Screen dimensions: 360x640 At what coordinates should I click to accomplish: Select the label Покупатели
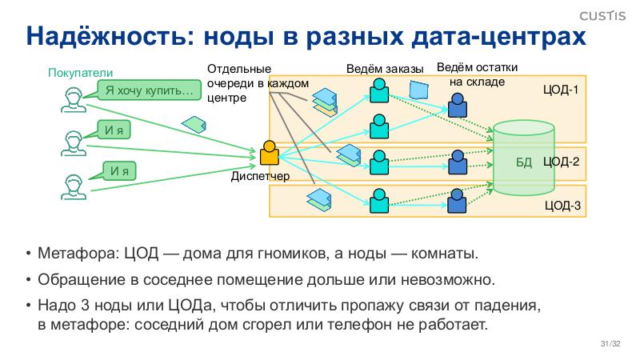click(x=76, y=74)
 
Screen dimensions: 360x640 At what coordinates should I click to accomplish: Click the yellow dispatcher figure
click(x=269, y=153)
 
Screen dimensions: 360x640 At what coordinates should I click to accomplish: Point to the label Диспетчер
click(x=259, y=176)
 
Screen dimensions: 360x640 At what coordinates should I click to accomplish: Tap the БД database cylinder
click(x=524, y=160)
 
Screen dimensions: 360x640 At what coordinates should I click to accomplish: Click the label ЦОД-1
click(x=560, y=89)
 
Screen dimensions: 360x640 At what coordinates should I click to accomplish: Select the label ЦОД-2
click(x=561, y=162)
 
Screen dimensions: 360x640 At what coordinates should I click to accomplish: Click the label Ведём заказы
click(x=384, y=70)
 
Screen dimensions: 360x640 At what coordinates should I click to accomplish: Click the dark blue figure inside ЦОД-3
click(x=457, y=200)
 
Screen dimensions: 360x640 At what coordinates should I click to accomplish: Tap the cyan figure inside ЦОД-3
click(x=378, y=198)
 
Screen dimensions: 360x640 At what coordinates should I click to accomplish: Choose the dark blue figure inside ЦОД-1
click(x=457, y=105)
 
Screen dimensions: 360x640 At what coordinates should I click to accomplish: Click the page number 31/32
click(x=610, y=345)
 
